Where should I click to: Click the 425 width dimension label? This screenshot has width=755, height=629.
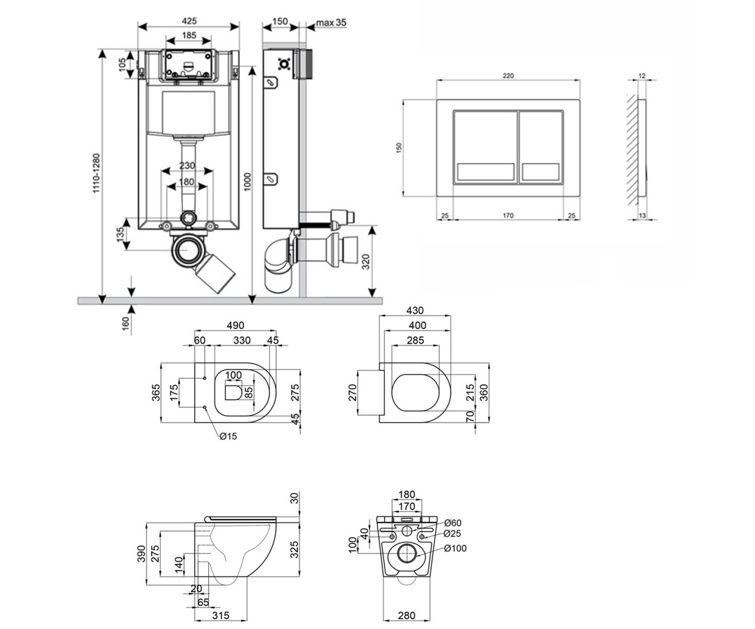click(x=189, y=21)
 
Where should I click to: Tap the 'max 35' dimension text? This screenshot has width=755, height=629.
click(x=331, y=23)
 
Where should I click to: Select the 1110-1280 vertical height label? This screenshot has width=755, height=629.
click(x=96, y=174)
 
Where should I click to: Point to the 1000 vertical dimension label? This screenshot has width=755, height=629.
click(x=247, y=182)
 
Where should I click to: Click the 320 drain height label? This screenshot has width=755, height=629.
click(x=366, y=262)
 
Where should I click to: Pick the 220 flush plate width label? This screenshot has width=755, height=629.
click(x=508, y=75)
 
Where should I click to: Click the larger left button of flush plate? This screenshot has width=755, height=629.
click(x=486, y=147)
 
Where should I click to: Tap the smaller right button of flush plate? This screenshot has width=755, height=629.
click(x=541, y=147)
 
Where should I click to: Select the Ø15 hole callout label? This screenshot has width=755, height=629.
click(x=228, y=437)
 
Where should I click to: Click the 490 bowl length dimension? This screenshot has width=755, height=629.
click(x=235, y=325)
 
